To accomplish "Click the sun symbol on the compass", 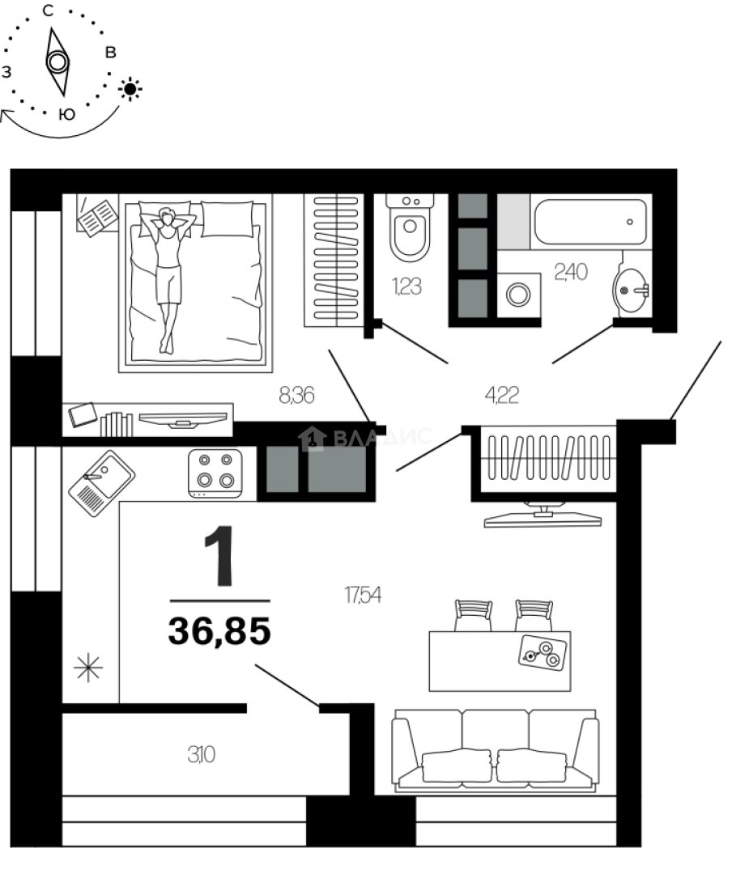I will pyautogui.click(x=130, y=88).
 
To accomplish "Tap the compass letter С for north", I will pyautogui.click(x=49, y=11).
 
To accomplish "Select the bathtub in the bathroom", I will pyautogui.click(x=591, y=222).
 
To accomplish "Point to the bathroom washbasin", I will pyautogui.click(x=632, y=287).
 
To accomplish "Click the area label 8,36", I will pyautogui.click(x=296, y=396).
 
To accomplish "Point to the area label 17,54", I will pyautogui.click(x=363, y=596).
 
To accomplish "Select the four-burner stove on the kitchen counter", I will pyautogui.click(x=215, y=472).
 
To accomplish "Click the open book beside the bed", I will pyautogui.click(x=98, y=217).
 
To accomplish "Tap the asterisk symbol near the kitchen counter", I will pyautogui.click(x=88, y=668).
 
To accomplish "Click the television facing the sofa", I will pyautogui.click(x=542, y=515).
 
